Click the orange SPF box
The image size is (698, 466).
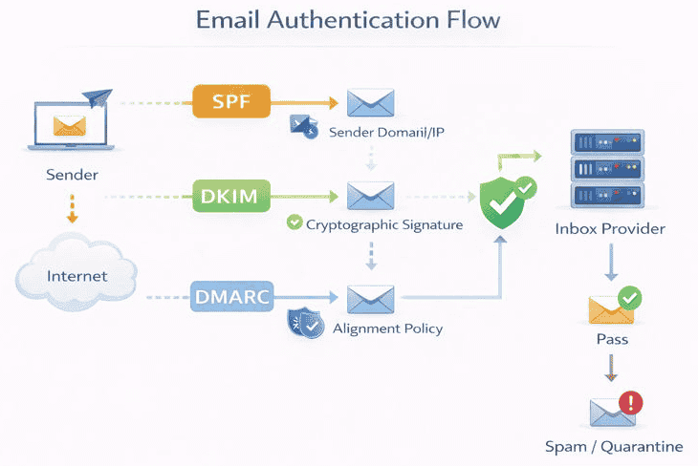click(x=232, y=100)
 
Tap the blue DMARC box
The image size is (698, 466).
click(x=232, y=297)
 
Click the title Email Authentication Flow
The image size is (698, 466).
click(x=349, y=20)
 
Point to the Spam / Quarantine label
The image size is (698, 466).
click(x=614, y=446)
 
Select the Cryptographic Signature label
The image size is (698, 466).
click(x=384, y=225)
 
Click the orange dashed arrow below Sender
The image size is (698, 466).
click(x=72, y=208)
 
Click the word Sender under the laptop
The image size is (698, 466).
click(x=72, y=175)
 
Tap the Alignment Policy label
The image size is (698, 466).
click(x=387, y=328)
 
